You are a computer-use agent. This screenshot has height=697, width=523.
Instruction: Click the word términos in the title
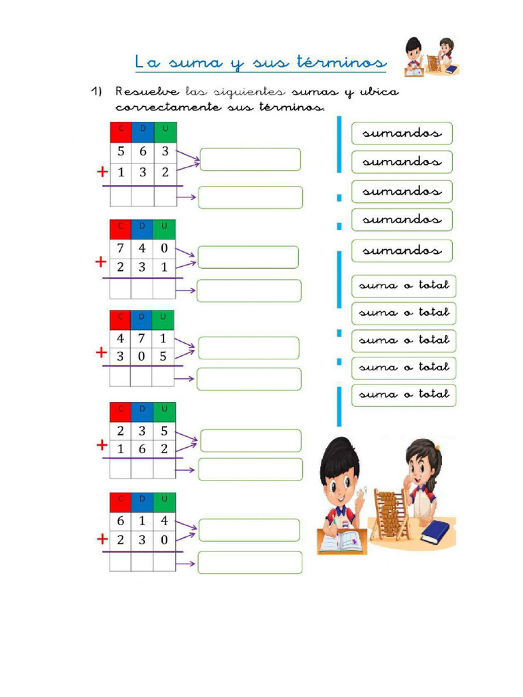coord(342,62)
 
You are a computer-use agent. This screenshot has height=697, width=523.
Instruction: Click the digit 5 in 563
coord(121,151)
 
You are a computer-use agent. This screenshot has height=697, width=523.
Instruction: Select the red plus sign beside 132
coord(103,172)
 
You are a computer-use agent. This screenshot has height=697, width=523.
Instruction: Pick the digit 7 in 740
coord(121,248)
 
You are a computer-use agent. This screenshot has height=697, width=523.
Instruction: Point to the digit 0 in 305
coord(142,356)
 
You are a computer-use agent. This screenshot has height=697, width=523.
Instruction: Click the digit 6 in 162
coord(142,449)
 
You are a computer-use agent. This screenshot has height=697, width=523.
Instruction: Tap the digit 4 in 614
coord(165,521)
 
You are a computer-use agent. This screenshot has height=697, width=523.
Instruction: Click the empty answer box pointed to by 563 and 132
coord(251,159)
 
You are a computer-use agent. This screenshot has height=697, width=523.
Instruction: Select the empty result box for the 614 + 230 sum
coord(250,562)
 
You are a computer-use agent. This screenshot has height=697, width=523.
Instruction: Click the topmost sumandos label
coord(402,133)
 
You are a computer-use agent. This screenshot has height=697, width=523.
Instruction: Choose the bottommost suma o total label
coord(404,395)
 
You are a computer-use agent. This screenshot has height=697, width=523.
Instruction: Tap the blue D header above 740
coord(142,229)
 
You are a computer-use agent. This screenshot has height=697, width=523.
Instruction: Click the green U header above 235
coord(165,412)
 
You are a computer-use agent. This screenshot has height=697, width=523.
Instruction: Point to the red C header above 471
coord(120,320)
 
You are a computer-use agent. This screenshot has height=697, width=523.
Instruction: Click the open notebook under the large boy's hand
coord(342,540)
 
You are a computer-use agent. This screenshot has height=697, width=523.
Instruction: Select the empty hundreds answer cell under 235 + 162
coord(121,468)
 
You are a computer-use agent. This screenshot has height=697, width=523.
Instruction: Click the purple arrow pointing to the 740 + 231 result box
coord(186,290)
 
